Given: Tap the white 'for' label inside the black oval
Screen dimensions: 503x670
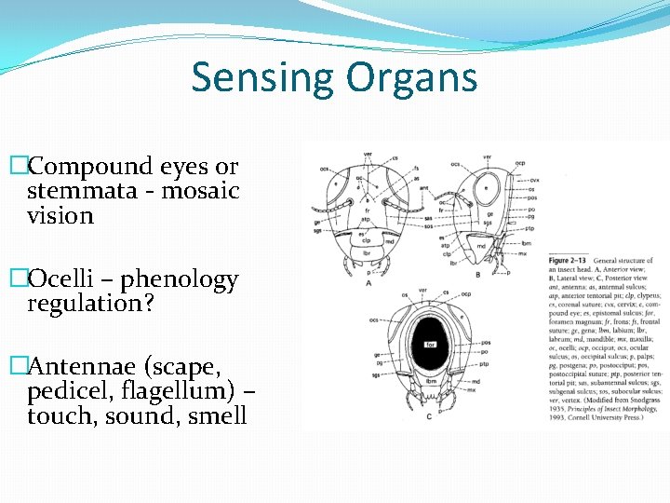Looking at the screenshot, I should (431, 344).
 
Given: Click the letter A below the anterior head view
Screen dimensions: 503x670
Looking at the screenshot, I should (368, 282).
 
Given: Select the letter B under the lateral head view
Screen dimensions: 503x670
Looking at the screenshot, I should (477, 275).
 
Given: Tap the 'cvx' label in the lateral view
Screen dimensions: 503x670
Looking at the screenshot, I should (534, 179).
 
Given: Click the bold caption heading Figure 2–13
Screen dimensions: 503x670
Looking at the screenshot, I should (568, 260).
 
